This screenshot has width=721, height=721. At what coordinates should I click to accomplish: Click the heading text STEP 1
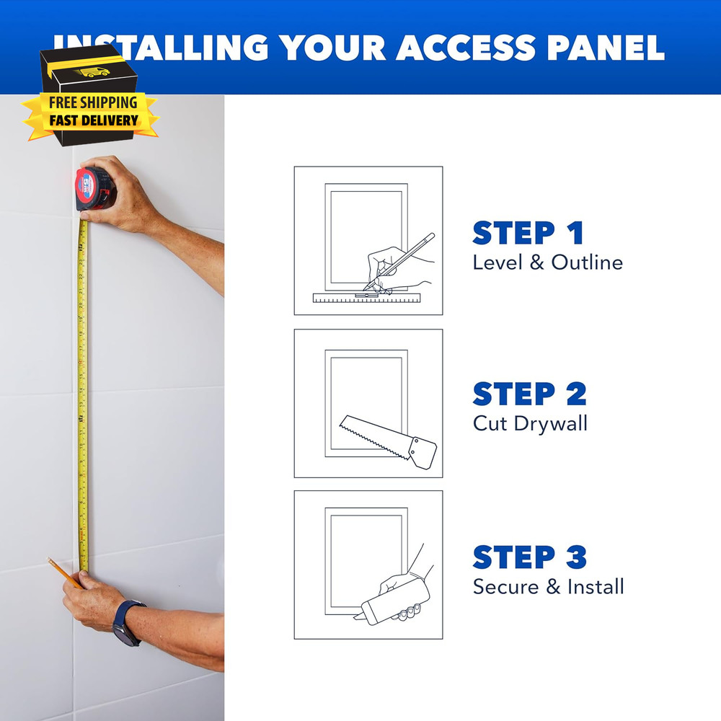click(x=528, y=234)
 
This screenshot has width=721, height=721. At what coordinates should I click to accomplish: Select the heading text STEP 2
click(x=529, y=394)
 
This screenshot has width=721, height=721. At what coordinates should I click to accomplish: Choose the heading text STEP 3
click(x=529, y=557)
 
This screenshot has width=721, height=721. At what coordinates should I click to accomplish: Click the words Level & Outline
click(x=547, y=262)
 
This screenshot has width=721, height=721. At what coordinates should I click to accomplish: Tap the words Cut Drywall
click(x=530, y=423)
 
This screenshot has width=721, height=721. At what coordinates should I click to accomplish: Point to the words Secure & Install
click(x=548, y=586)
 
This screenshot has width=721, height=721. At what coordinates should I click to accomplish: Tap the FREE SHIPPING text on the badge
click(x=93, y=102)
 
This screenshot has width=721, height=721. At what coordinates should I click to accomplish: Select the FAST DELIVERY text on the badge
click(x=93, y=120)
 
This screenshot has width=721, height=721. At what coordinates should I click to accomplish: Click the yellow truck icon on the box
click(x=94, y=71)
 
